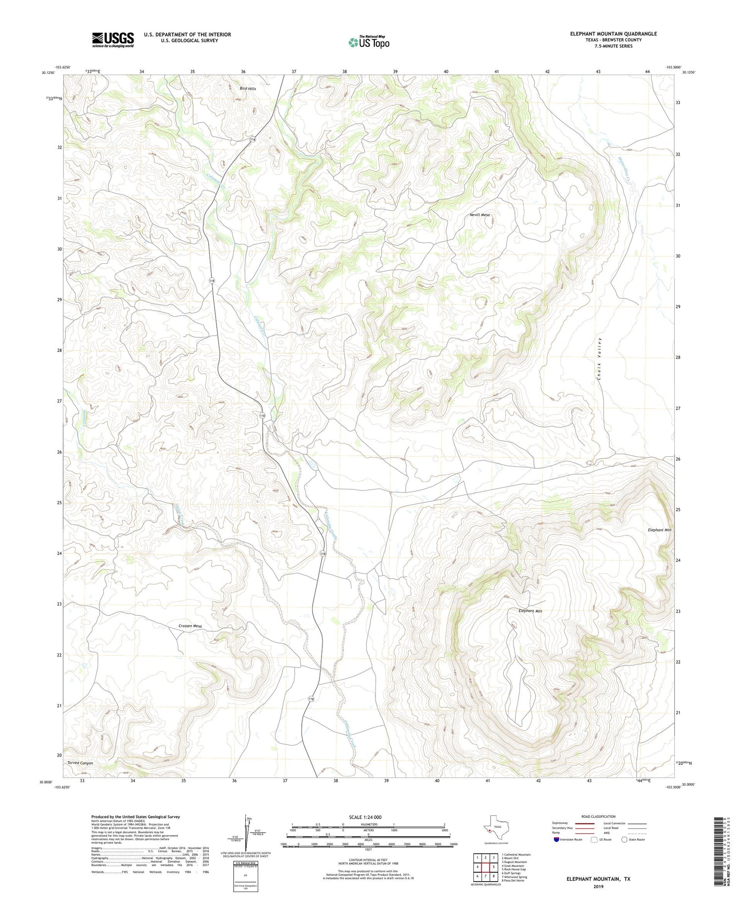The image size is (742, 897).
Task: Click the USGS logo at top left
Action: point(113,40)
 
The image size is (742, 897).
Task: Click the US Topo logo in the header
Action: point(369,43)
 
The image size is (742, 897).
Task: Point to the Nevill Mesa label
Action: point(479,215)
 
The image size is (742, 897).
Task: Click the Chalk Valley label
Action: point(600,359)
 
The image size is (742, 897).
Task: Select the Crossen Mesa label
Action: point(190,626)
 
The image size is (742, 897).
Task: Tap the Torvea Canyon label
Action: point(80,763)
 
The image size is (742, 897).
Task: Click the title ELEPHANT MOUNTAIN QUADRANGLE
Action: point(613,34)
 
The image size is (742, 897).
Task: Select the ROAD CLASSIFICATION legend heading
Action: point(599,816)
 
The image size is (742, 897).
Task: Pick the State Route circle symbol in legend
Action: point(624,840)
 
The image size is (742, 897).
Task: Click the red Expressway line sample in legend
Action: point(585,823)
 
